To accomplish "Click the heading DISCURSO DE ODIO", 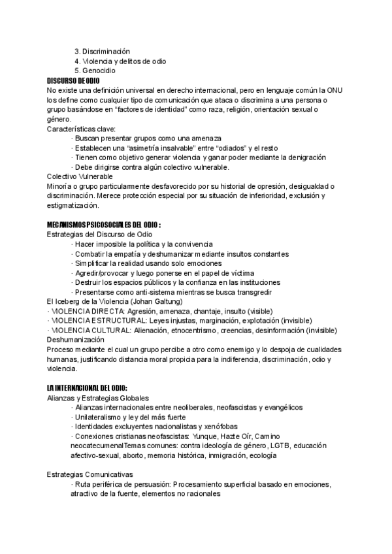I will click(x=73, y=80).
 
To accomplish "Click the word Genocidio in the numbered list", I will click(x=99, y=71).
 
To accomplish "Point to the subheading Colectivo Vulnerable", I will click(x=80, y=177).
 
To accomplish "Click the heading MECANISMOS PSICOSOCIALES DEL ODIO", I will click(x=103, y=225).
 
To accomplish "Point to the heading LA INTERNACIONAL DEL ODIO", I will click(x=87, y=388).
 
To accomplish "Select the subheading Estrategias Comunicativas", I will click(x=90, y=474).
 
